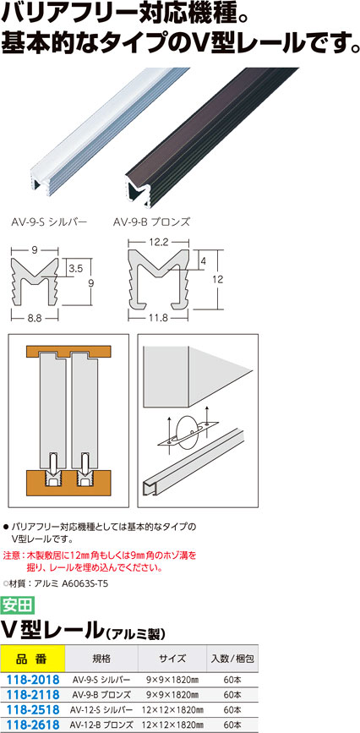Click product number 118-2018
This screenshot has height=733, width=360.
(x=31, y=679)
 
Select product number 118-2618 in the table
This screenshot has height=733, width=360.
(x=31, y=725)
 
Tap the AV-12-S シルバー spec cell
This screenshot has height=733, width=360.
(x=101, y=709)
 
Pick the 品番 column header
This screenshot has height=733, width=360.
(x=32, y=659)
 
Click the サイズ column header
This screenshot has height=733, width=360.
(x=172, y=659)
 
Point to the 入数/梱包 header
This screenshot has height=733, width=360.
(x=232, y=659)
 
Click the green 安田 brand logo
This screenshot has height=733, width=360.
(x=17, y=604)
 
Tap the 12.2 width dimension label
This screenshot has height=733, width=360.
(x=161, y=243)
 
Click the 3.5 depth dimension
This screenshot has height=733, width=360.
(x=76, y=269)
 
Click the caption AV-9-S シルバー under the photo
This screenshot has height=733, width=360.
(x=49, y=222)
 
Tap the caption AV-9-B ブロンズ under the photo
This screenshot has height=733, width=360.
(x=151, y=222)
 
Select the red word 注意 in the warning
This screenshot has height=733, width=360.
(x=12, y=555)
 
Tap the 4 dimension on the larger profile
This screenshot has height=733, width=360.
(x=203, y=261)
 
